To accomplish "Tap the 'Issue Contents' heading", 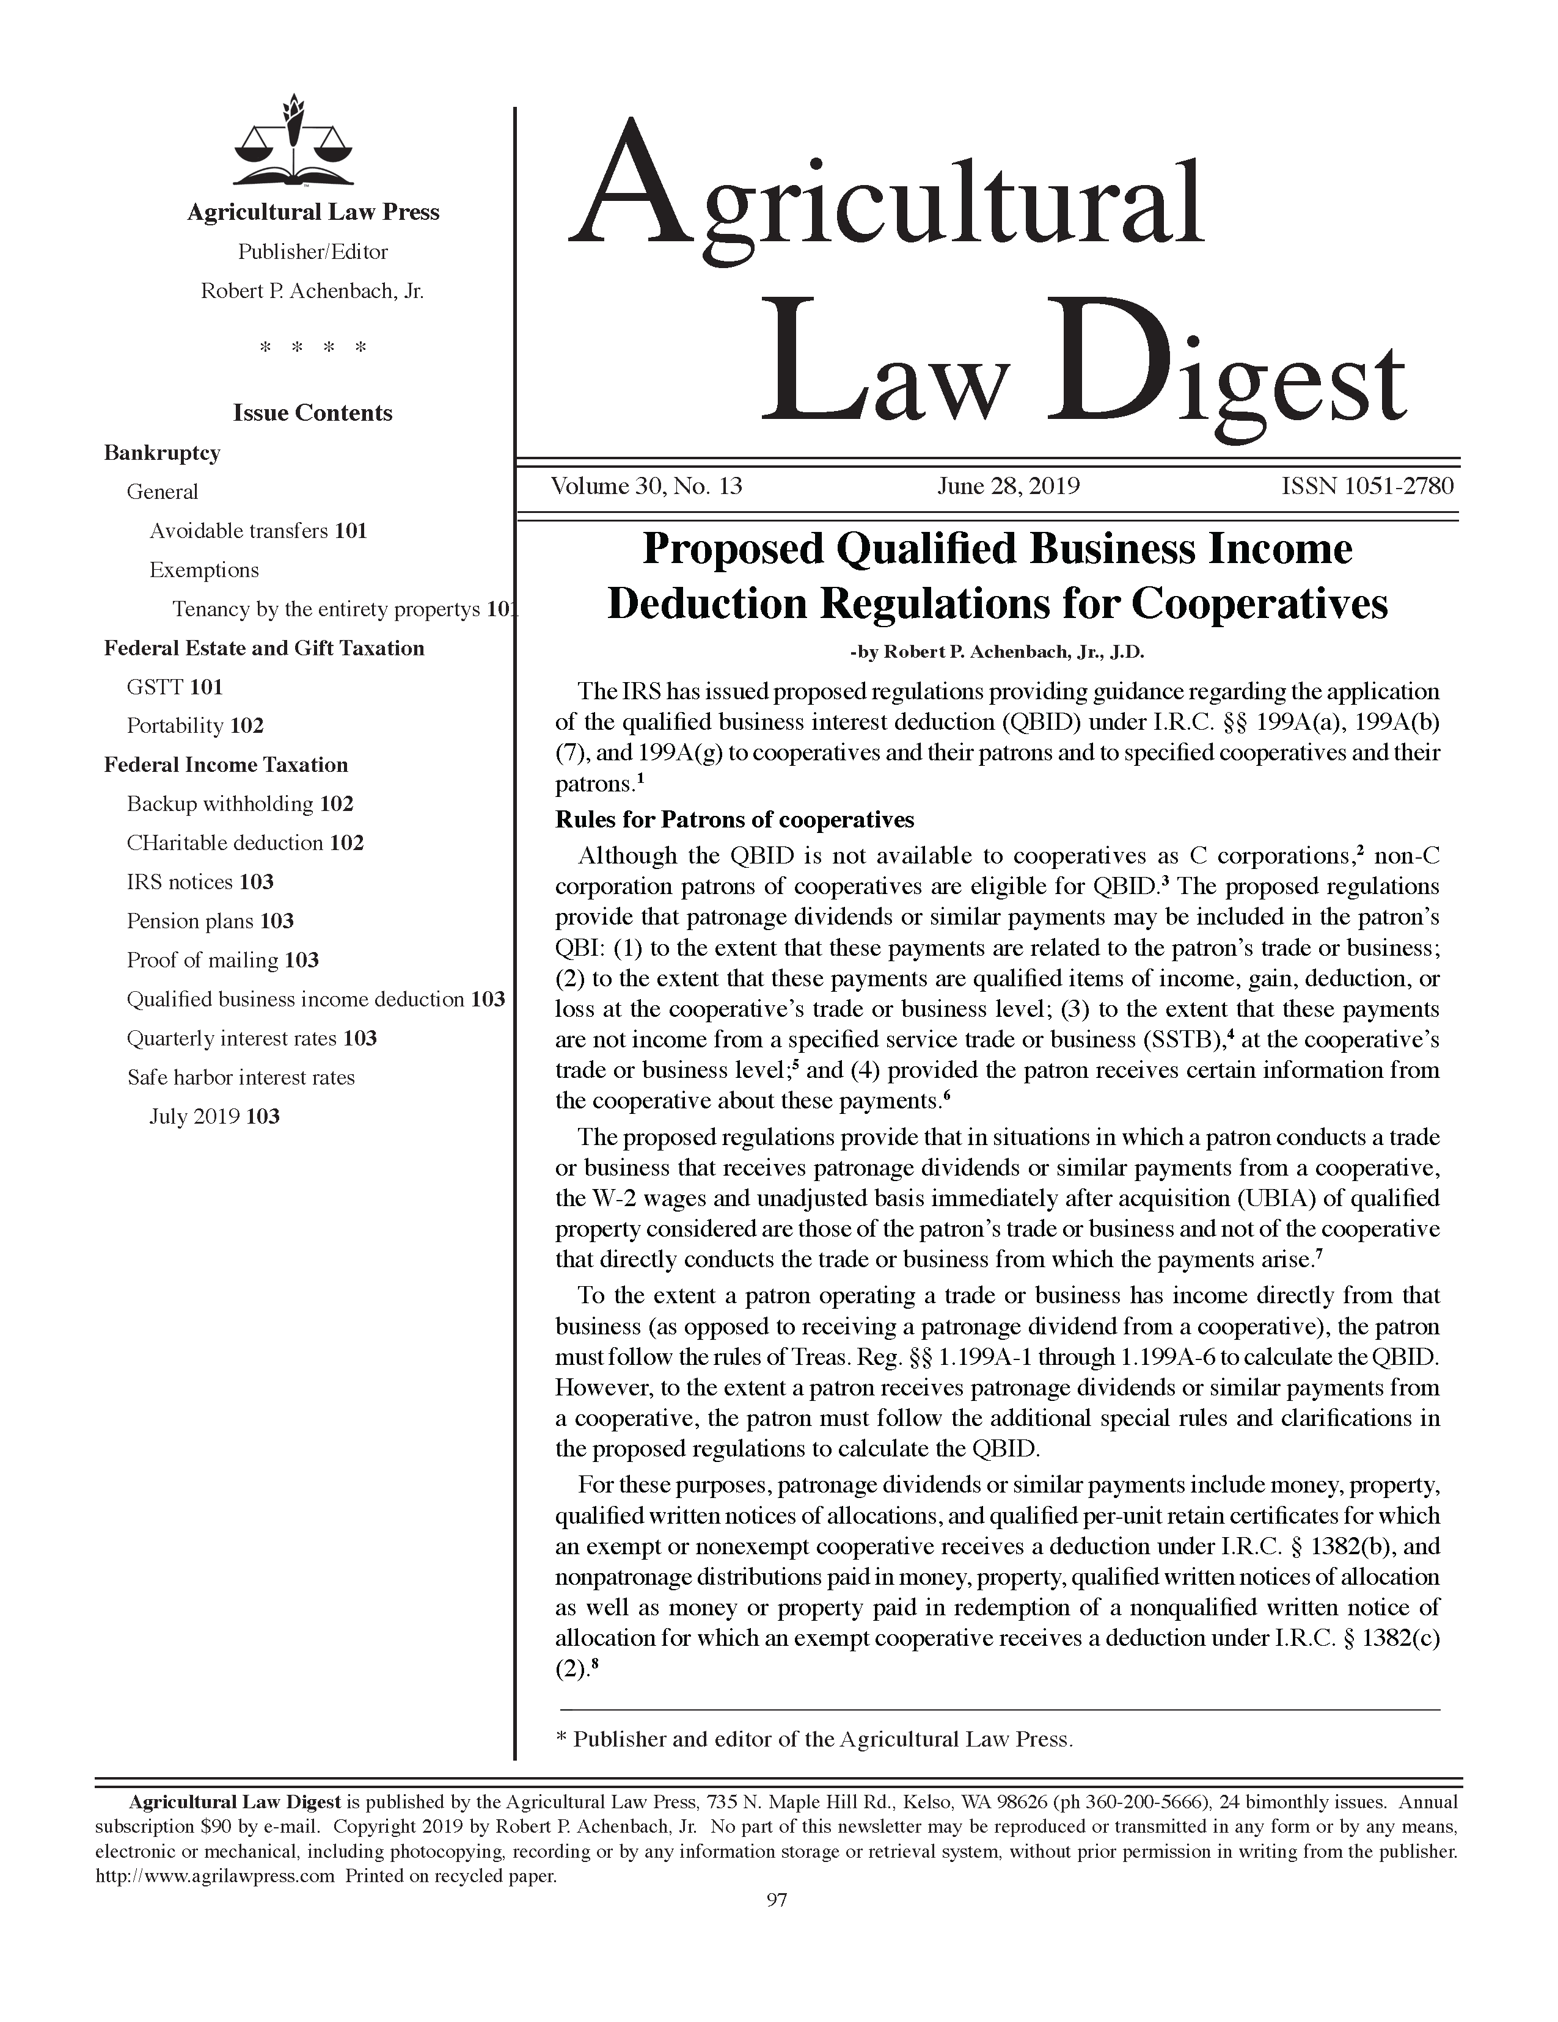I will tap(312, 413).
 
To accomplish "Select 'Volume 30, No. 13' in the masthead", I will tap(646, 486).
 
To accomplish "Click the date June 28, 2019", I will tap(1008, 486).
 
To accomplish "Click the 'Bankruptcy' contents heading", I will tap(162, 453).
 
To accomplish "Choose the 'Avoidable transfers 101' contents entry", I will tap(258, 531).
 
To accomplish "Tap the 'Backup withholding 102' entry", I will tap(240, 804).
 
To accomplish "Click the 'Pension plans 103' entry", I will tap(210, 921).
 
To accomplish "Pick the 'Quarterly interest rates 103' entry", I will tap(252, 1039).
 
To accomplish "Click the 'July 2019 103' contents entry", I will tap(214, 1116).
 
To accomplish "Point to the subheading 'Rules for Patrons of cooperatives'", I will tap(734, 820).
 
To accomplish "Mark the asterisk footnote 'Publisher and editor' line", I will tap(813, 1740).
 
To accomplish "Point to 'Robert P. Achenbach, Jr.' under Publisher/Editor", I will tap(312, 292).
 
